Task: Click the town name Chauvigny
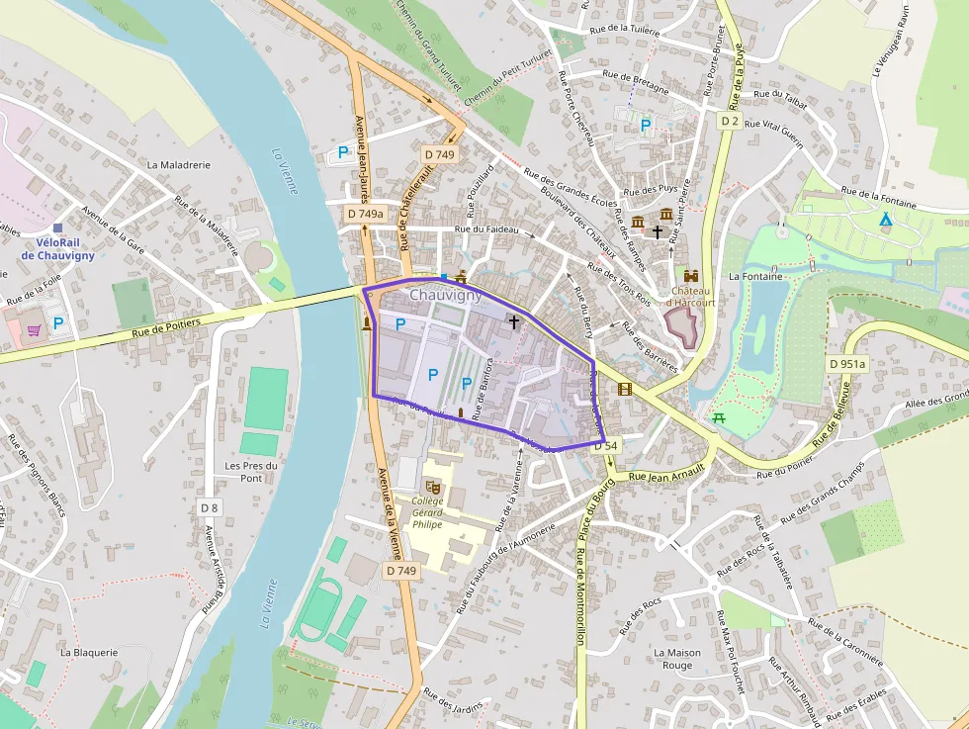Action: pyautogui.click(x=446, y=295)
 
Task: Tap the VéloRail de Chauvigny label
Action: pyautogui.click(x=57, y=248)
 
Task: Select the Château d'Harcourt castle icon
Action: pyautogui.click(x=690, y=277)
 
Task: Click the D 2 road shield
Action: pyautogui.click(x=730, y=121)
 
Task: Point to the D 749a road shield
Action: pyautogui.click(x=365, y=214)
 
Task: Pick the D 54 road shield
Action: pyautogui.click(x=606, y=446)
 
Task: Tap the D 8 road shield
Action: pyautogui.click(x=209, y=507)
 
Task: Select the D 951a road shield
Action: pyautogui.click(x=846, y=364)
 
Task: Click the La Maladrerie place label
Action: pyautogui.click(x=178, y=165)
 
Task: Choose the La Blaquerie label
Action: pyautogui.click(x=89, y=652)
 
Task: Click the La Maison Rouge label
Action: pyautogui.click(x=677, y=659)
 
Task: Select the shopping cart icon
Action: pyautogui.click(x=34, y=329)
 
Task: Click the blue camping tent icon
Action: pyautogui.click(x=885, y=218)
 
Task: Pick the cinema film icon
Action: pyautogui.click(x=624, y=388)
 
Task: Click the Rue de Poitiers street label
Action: pyautogui.click(x=165, y=327)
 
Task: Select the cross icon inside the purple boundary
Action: pyautogui.click(x=513, y=321)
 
